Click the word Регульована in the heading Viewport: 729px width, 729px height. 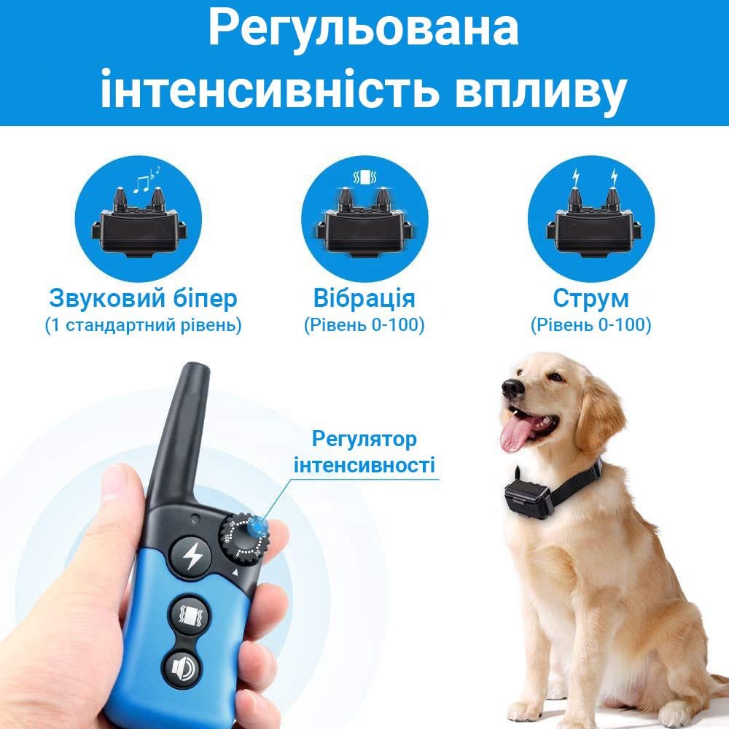pyautogui.click(x=364, y=29)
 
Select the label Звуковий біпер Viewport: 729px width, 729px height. pyautogui.click(x=143, y=298)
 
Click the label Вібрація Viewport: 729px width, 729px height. pyautogui.click(x=364, y=298)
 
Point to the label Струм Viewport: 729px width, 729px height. pyautogui.click(x=590, y=298)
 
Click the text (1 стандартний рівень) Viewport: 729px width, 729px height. pyautogui.click(x=143, y=325)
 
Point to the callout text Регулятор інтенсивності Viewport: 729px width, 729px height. pyautogui.click(x=364, y=452)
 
